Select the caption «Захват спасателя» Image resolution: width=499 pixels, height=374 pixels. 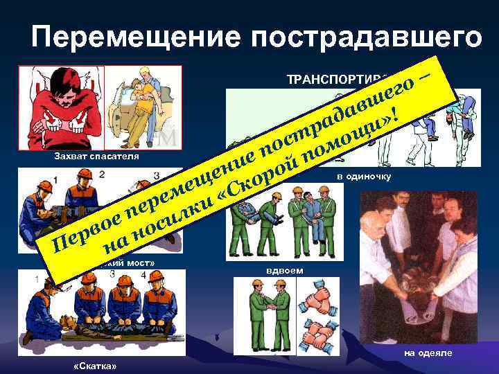(x=96, y=157)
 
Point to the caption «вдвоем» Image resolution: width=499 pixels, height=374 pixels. (x=285, y=269)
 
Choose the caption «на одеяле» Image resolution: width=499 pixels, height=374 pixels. (x=429, y=353)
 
